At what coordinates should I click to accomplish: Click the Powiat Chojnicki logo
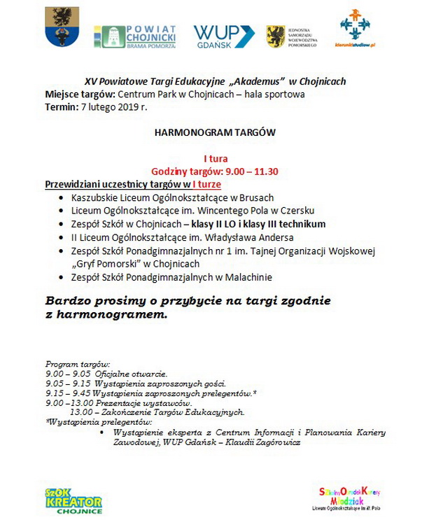point(135,36)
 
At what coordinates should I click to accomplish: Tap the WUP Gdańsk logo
point(223,36)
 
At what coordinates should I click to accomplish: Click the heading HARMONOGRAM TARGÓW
point(215,132)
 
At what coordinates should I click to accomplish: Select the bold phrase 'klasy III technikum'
point(283,224)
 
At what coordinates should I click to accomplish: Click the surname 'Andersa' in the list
point(274,237)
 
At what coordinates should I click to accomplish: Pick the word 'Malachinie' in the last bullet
point(248,278)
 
